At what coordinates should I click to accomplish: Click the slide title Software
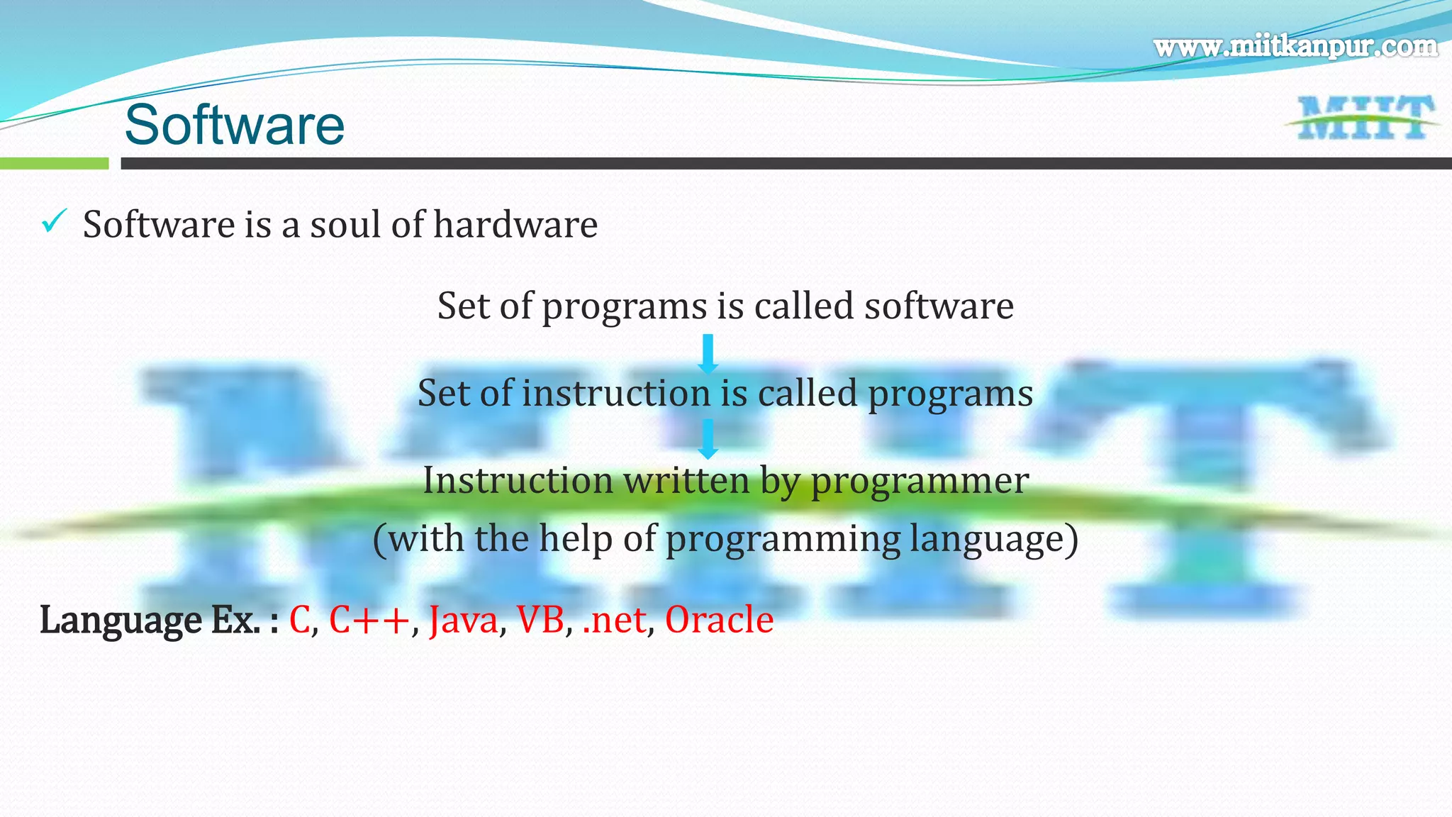coord(234,125)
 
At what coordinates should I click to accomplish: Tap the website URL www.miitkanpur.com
coord(1295,47)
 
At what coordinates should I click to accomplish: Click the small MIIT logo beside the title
coord(1363,118)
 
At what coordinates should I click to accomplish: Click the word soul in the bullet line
coord(347,225)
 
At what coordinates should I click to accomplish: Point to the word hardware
coord(515,225)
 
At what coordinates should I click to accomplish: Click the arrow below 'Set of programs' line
coord(708,354)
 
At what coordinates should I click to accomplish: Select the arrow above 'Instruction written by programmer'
coord(708,439)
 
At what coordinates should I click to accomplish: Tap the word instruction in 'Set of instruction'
coord(616,393)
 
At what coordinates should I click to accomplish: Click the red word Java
coord(464,621)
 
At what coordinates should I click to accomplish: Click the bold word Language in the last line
coord(121,621)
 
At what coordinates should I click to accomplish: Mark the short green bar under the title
coord(54,164)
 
